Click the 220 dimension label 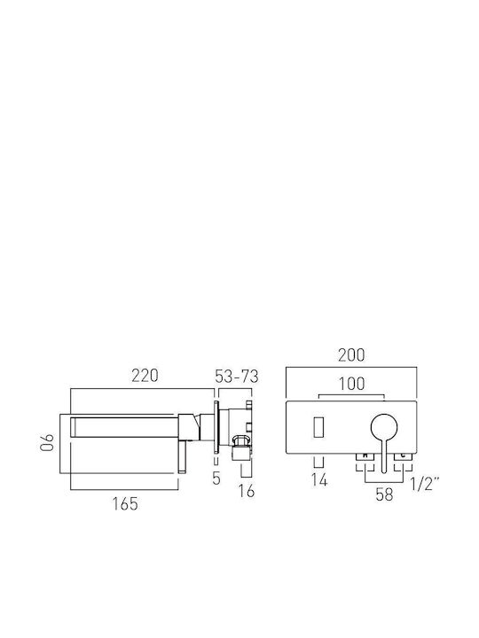[145, 376]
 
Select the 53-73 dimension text [237, 377]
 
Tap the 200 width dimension [351, 355]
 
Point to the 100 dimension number [352, 384]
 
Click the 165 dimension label [125, 503]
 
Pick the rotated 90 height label [47, 442]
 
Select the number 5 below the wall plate [216, 478]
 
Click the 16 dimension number [247, 491]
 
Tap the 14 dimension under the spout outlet [319, 480]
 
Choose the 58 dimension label [384, 494]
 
